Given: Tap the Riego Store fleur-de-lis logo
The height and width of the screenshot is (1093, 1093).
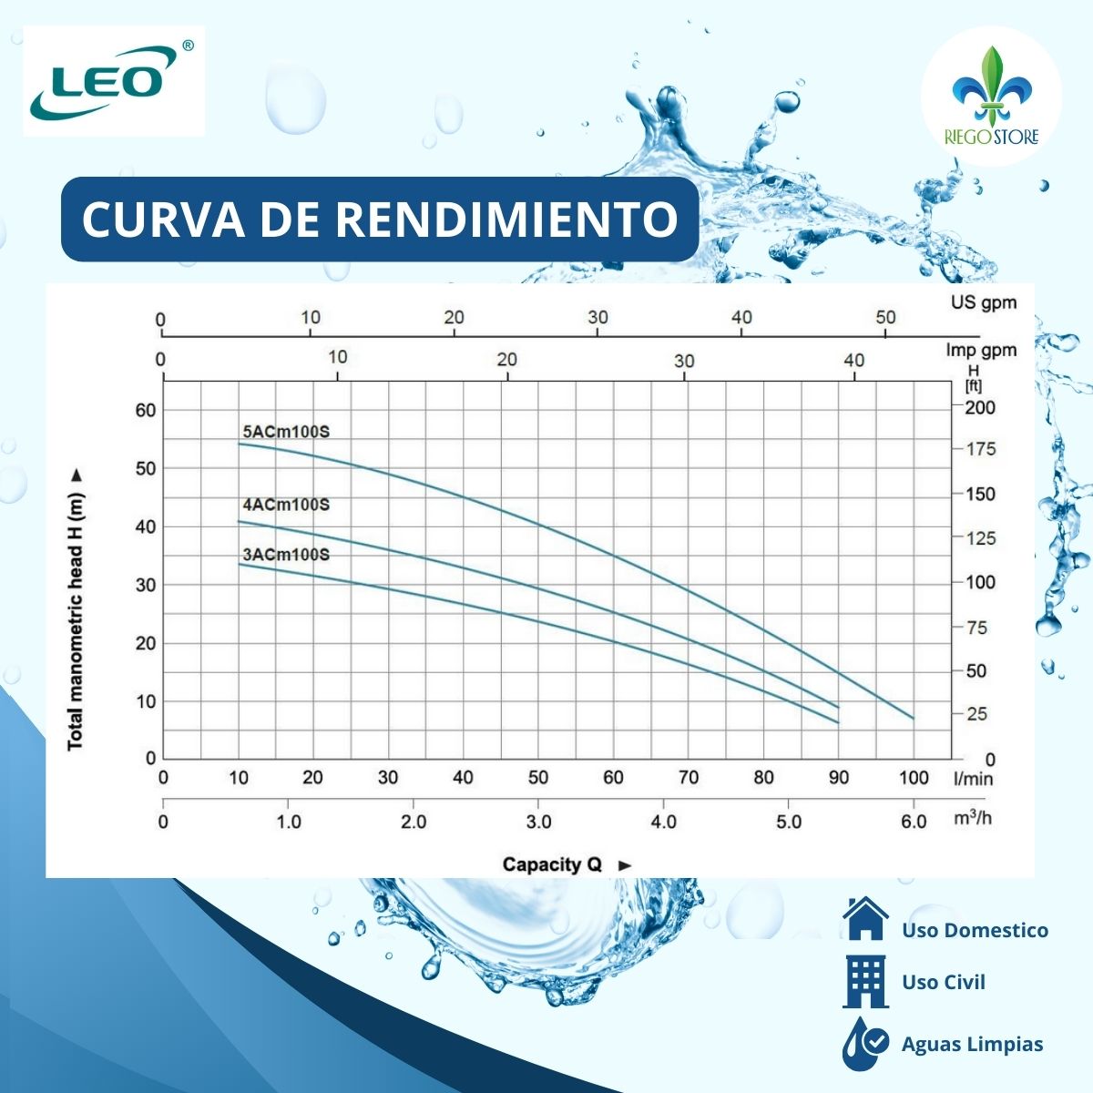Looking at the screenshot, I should [991, 96].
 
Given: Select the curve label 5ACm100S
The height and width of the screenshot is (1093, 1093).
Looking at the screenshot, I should [286, 432].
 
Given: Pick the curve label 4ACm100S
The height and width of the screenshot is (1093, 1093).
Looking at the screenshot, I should [286, 505].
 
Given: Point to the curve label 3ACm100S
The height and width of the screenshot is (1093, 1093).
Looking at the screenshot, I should [286, 555].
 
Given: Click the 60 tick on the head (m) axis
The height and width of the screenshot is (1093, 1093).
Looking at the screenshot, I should [146, 410].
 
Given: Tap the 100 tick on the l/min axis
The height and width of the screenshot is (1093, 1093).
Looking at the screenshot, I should [914, 778].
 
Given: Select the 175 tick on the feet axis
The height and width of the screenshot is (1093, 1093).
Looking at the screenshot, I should [980, 449].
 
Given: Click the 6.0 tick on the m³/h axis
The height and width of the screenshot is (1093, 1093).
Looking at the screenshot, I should [914, 822].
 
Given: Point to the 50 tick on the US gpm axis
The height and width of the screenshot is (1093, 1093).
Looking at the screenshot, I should [885, 317].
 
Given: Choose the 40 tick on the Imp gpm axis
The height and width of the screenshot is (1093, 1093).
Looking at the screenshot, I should [853, 361].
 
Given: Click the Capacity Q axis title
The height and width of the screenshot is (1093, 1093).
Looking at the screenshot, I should [554, 864].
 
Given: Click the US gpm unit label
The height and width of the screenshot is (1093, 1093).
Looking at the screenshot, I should [983, 302].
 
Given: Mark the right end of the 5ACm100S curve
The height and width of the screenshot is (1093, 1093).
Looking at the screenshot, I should [913, 718].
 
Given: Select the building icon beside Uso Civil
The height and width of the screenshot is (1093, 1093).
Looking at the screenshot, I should [865, 982].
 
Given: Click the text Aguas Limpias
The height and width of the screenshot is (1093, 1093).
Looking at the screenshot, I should [972, 1045].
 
